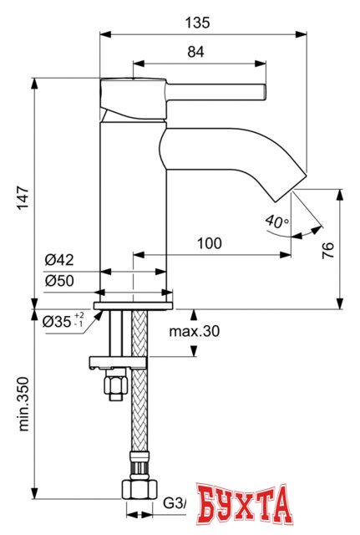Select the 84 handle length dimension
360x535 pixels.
[195, 52]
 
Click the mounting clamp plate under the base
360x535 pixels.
[117, 362]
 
